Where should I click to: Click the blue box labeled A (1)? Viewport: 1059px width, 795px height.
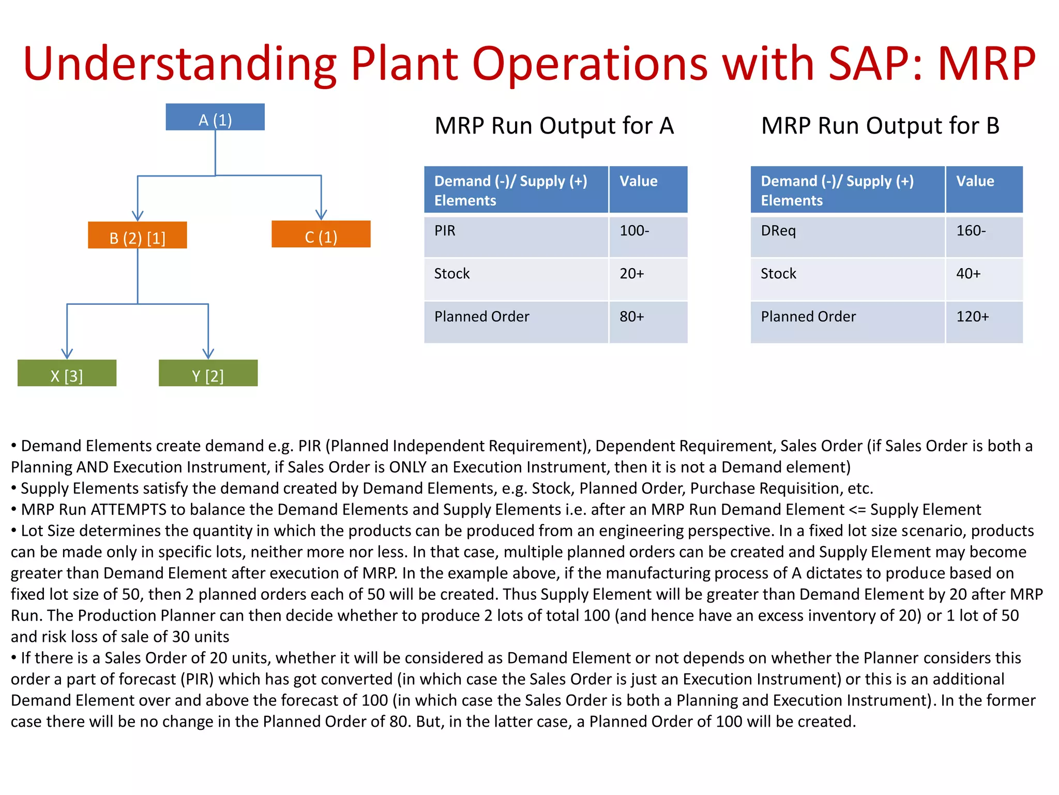click(215, 117)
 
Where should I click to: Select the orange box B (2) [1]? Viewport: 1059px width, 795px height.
click(138, 236)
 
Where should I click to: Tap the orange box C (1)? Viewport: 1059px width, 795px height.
click(321, 234)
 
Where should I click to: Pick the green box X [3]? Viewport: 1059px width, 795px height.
click(67, 374)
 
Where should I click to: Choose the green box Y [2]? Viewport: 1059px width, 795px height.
click(208, 374)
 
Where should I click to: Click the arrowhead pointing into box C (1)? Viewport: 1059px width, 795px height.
click(321, 214)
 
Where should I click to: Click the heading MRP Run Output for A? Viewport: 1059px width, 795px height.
click(554, 126)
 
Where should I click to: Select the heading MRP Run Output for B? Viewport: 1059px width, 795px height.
click(880, 126)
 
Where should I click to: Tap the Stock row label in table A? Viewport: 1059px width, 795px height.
click(452, 274)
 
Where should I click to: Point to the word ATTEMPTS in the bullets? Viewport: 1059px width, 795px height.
click(129, 510)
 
